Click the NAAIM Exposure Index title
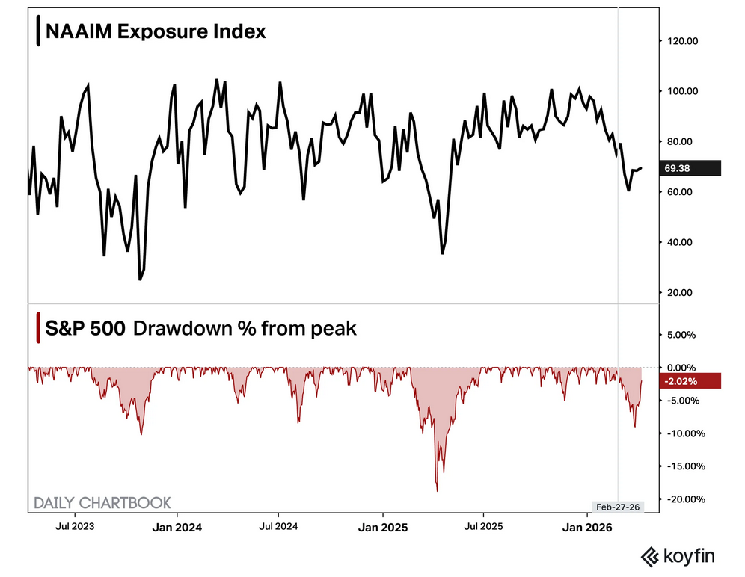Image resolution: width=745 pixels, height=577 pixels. click(x=155, y=32)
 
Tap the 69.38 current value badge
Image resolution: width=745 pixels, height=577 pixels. click(x=681, y=168)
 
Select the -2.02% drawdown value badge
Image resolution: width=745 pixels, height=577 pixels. click(x=681, y=381)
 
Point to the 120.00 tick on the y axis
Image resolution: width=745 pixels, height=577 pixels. click(x=681, y=41)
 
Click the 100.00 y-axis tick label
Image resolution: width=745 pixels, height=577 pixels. click(x=681, y=91)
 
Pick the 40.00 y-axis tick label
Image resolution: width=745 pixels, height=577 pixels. click(x=681, y=242)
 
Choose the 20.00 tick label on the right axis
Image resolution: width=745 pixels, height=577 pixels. click(x=681, y=292)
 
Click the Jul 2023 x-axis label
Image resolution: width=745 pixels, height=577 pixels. click(x=75, y=527)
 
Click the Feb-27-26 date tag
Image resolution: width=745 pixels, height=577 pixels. click(x=616, y=507)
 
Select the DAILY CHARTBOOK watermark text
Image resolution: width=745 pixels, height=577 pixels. click(x=102, y=502)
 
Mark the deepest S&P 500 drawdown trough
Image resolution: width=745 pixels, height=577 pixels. click(x=437, y=491)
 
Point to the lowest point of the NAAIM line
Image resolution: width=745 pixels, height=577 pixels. click(x=140, y=280)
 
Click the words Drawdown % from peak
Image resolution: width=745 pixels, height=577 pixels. click(x=245, y=327)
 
